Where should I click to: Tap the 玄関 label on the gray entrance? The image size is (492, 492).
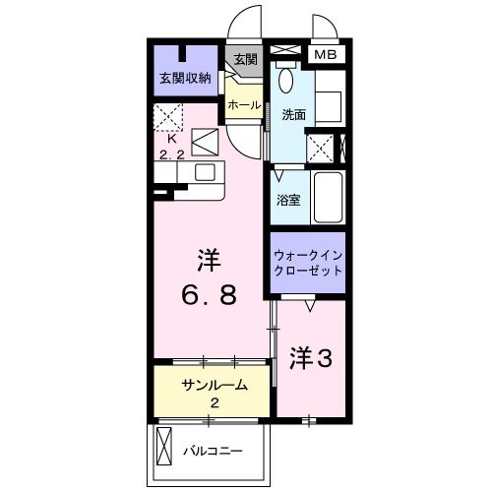tap(244, 59)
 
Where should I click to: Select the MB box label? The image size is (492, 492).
tap(324, 55)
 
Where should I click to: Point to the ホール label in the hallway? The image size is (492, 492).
tap(244, 104)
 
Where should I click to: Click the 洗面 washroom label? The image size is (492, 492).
tap(293, 114)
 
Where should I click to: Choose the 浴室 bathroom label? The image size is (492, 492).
tap(289, 198)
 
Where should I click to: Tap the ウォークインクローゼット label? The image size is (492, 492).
tap(307, 263)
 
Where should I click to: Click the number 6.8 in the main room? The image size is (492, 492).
tap(208, 295)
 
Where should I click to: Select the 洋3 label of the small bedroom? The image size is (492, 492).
tap(309, 359)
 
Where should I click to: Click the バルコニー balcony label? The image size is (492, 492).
tap(212, 452)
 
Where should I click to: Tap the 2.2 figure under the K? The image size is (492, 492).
tap(171, 154)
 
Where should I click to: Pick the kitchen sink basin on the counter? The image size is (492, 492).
tap(206, 172)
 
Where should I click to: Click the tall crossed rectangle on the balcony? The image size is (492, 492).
tap(164, 454)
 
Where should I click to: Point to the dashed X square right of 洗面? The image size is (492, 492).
tap(320, 148)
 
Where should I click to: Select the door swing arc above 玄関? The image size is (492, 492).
tap(242, 22)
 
